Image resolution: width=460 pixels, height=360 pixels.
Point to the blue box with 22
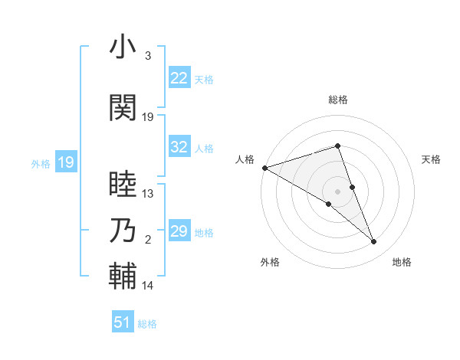[179, 77]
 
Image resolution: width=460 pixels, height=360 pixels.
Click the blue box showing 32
[179, 147]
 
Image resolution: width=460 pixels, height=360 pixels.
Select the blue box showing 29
[179, 231]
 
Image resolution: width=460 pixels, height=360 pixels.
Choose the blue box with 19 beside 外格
[65, 162]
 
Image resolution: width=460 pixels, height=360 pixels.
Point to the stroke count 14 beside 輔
[148, 286]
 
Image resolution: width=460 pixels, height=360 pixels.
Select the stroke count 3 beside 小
[148, 56]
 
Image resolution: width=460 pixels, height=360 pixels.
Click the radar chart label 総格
[337, 100]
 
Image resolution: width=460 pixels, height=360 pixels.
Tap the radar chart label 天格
[432, 159]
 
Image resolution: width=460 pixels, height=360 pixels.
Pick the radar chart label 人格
[245, 159]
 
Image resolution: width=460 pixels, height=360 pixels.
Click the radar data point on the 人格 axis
[264, 167]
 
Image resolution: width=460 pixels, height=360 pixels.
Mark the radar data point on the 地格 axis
[374, 242]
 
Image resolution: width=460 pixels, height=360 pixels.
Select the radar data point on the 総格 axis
[337, 146]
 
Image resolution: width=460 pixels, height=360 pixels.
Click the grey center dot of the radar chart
[337, 191]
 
